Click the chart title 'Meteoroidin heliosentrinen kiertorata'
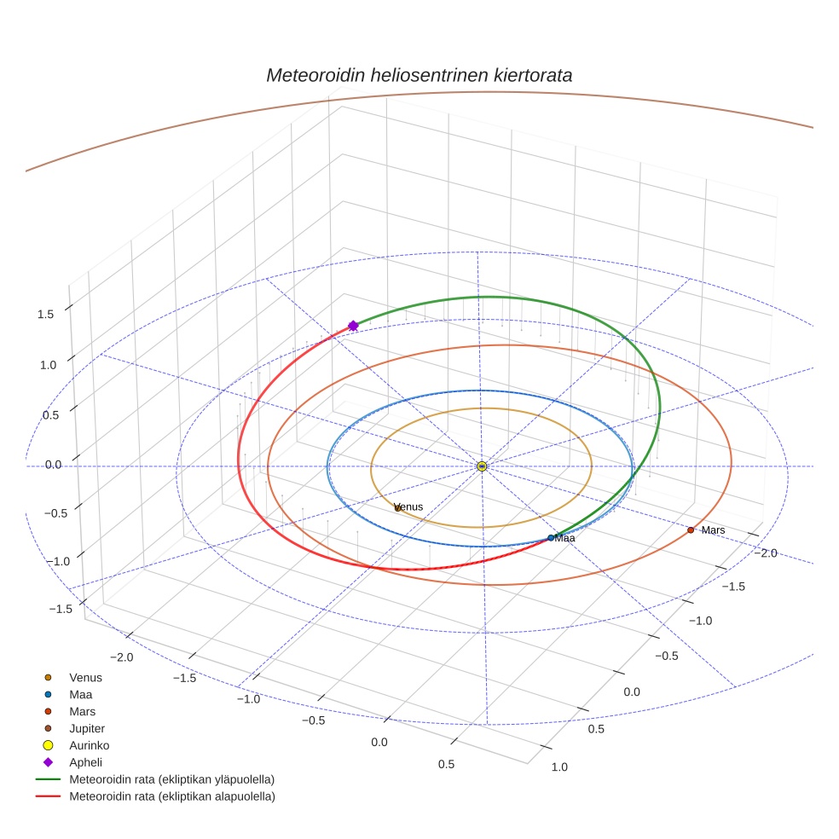point(419,75)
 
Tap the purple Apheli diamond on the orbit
point(353,326)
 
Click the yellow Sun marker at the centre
point(482,466)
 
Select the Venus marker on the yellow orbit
point(397,508)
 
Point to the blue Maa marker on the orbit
point(551,538)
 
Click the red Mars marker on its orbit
point(691,530)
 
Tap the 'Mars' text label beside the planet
point(713,530)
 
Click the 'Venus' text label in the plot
point(410,506)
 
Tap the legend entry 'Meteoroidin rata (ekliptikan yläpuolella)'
point(171,779)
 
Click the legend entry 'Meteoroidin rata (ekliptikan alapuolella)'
point(171,796)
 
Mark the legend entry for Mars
point(83,711)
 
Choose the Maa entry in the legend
point(80,695)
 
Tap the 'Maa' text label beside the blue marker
point(565,538)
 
